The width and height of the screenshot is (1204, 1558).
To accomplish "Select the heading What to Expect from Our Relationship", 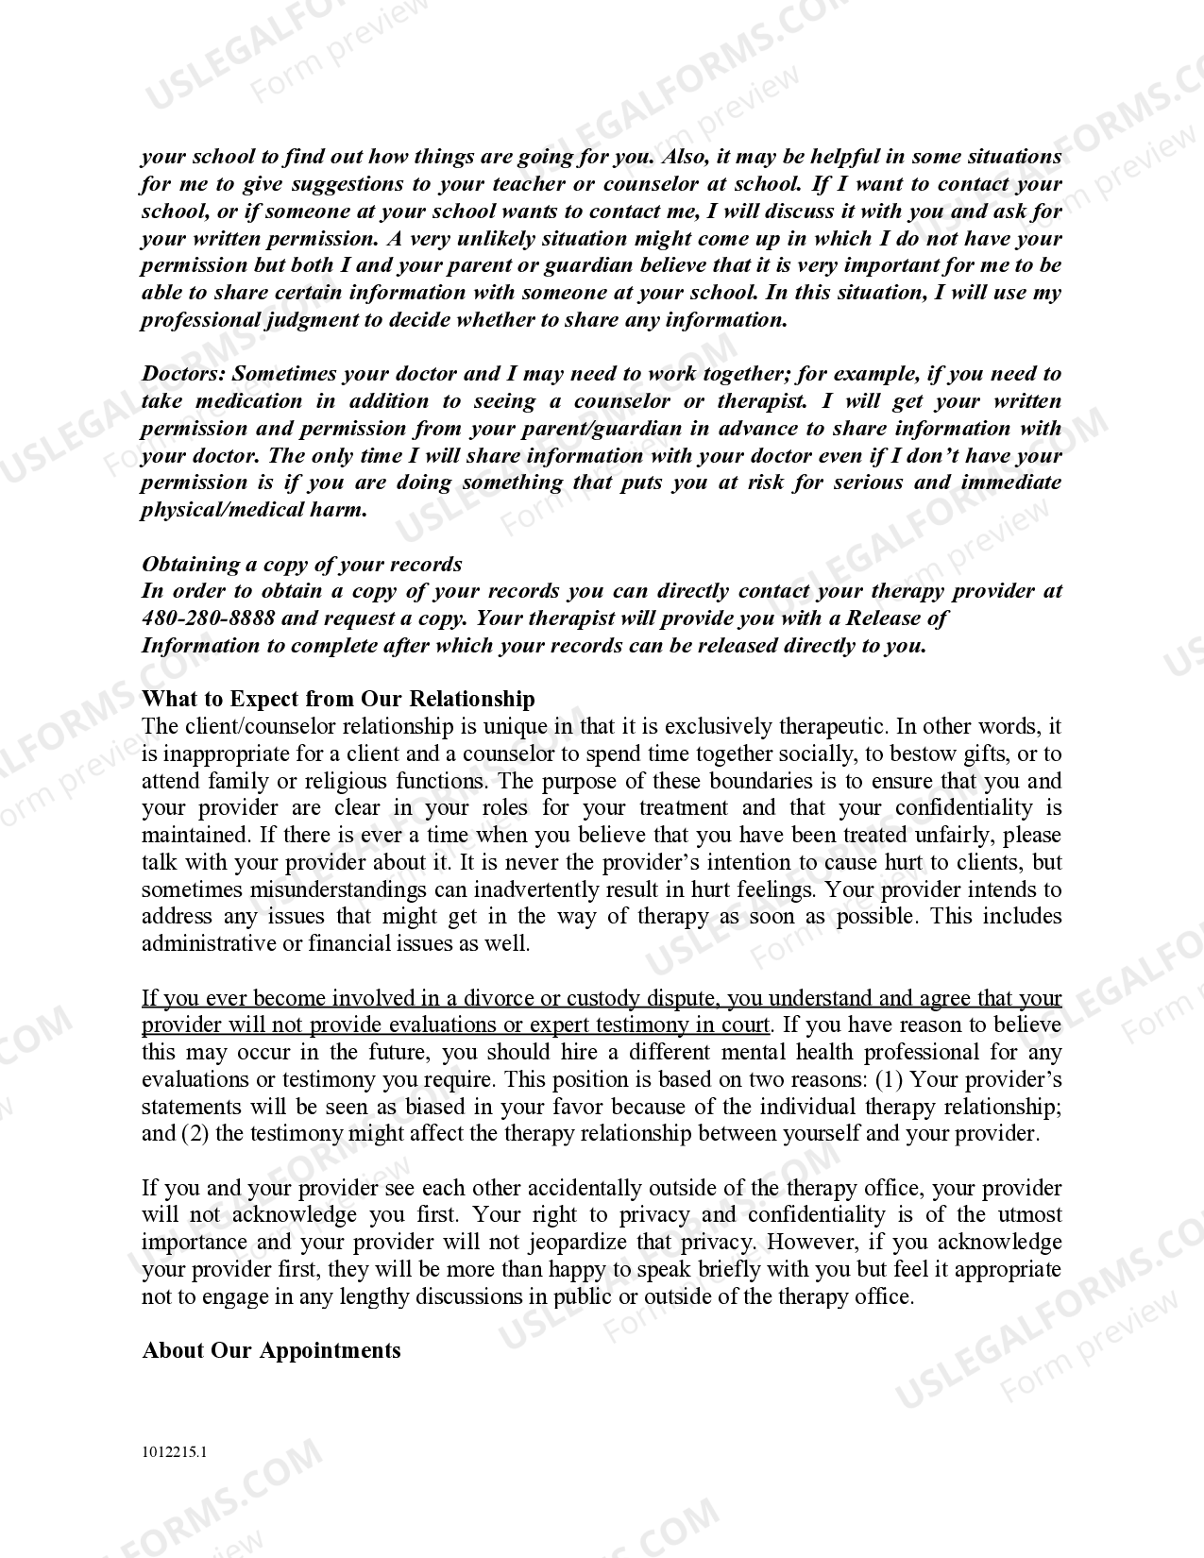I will [x=338, y=699].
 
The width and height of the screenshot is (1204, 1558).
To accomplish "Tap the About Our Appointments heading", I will [x=271, y=1350].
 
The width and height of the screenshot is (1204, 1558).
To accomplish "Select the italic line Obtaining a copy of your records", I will [x=301, y=565].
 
